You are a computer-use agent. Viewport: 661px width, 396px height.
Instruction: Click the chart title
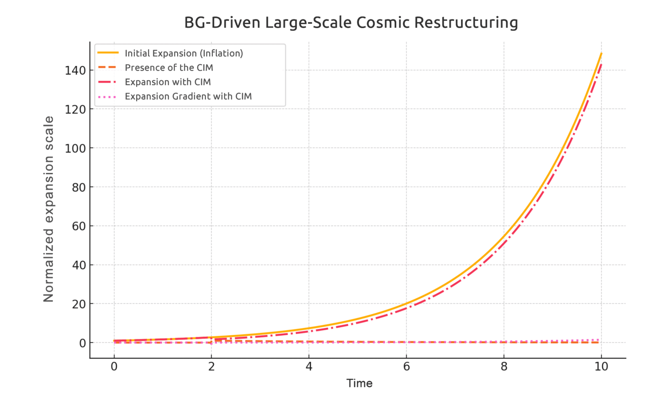click(x=351, y=22)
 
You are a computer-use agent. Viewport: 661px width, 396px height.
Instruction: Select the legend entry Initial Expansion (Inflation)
click(x=184, y=53)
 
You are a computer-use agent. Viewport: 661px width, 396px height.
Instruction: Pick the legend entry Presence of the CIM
click(x=169, y=68)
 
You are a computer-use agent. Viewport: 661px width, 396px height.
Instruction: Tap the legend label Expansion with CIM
click(x=167, y=82)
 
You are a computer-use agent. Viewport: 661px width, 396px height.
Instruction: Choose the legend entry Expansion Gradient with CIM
click(x=188, y=96)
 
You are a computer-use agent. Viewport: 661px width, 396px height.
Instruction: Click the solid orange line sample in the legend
click(x=108, y=53)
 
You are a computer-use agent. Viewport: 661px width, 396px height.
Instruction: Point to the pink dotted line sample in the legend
click(x=108, y=96)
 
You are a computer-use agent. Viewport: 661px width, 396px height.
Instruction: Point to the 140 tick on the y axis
click(x=75, y=70)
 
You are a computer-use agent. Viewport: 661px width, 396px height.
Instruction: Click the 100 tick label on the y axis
click(x=75, y=148)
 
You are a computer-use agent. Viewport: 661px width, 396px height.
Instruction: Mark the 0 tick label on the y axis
click(x=82, y=343)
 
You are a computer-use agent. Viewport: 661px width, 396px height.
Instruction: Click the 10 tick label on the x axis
click(x=601, y=367)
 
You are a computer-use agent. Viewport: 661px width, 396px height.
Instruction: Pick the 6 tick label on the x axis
click(x=406, y=367)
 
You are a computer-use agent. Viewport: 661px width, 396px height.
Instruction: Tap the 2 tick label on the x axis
click(x=212, y=367)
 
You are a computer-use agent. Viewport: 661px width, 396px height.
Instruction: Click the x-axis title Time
click(x=359, y=383)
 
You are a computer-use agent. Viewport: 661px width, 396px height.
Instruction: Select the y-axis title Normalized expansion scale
click(x=48, y=209)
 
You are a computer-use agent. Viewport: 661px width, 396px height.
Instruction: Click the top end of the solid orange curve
click(x=602, y=53)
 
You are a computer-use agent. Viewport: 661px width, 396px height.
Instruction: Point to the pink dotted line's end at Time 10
click(x=598, y=340)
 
